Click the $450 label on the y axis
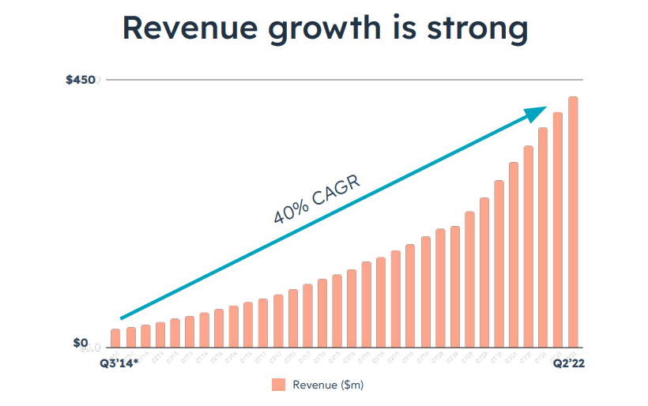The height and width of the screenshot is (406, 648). pyautogui.click(x=81, y=81)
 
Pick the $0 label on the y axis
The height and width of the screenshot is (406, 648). pyautogui.click(x=81, y=343)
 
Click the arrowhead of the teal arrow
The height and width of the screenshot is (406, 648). pyautogui.click(x=539, y=111)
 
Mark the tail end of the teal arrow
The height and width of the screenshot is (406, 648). pyautogui.click(x=122, y=318)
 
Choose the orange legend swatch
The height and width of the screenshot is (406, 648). pyautogui.click(x=278, y=385)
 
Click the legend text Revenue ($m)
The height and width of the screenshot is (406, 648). pyautogui.click(x=328, y=385)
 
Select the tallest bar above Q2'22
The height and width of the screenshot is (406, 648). pyautogui.click(x=573, y=221)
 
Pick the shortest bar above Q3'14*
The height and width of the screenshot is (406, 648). pyautogui.click(x=115, y=338)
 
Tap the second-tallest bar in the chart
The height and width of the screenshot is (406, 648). pyautogui.click(x=558, y=229)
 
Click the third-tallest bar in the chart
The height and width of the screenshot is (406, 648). pyautogui.click(x=543, y=237)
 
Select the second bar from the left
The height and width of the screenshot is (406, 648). pyautogui.click(x=131, y=337)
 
